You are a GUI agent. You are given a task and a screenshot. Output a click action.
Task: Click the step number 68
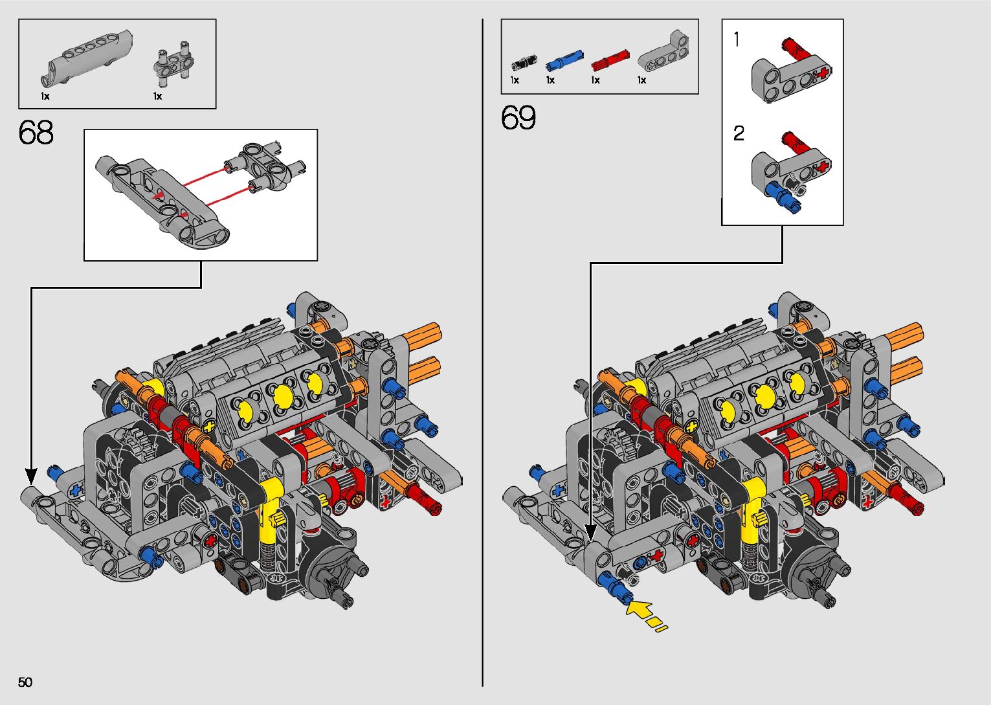click(36, 133)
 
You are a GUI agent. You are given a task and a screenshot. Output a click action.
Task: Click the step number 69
click(518, 118)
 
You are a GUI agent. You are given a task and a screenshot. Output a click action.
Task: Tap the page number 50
click(25, 682)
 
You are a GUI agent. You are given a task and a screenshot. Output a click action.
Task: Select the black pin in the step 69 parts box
click(523, 62)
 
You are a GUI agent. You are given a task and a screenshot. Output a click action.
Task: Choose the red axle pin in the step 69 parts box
click(610, 60)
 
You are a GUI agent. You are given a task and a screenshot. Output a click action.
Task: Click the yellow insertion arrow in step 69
click(643, 612)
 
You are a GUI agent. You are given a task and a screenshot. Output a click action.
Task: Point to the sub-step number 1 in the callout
click(737, 39)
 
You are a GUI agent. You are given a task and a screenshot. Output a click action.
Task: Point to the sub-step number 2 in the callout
click(739, 133)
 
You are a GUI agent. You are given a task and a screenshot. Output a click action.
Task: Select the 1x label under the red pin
click(596, 80)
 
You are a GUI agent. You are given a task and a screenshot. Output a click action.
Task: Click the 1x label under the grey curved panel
click(45, 96)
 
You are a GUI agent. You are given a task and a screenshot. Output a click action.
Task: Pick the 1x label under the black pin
click(515, 80)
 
